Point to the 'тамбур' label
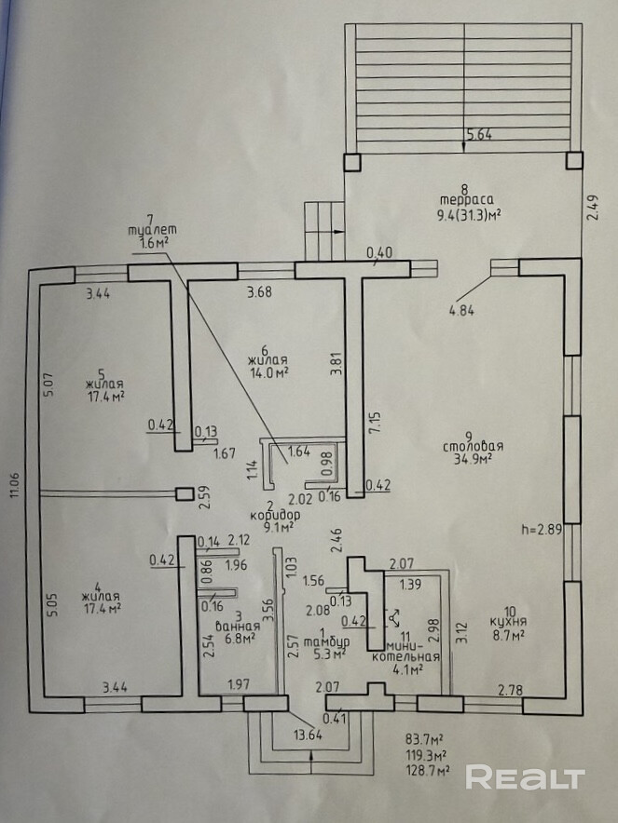coord(331,641)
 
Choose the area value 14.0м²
coord(268,371)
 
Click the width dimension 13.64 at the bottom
coord(309,734)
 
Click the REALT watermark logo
coord(525,777)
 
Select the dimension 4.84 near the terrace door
coord(461,311)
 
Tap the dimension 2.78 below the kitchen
coord(511,690)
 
